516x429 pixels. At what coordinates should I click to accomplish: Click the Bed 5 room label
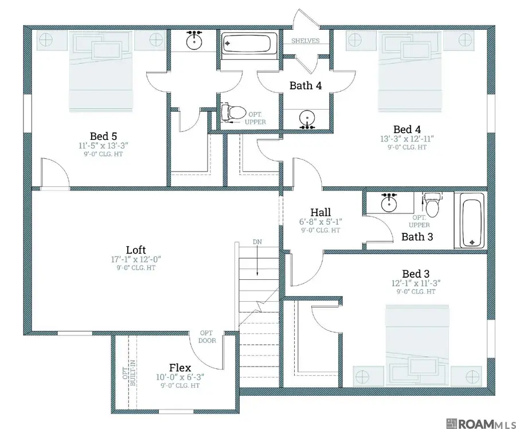(103, 136)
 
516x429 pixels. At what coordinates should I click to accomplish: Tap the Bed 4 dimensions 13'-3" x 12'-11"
(407, 139)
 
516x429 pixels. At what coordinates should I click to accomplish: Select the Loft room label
(136, 250)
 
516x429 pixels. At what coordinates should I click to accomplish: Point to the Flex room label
(180, 368)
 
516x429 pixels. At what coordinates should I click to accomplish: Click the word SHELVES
(306, 41)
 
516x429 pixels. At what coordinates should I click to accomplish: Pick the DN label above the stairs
(257, 242)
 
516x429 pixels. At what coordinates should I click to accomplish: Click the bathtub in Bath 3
(472, 220)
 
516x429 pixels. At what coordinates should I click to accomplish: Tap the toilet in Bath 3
(432, 204)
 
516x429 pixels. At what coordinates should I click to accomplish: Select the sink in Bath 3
(389, 203)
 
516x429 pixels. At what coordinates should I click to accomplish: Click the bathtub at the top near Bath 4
(246, 44)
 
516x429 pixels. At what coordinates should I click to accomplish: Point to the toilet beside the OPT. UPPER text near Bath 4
(233, 112)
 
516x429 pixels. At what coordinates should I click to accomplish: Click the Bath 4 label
(306, 85)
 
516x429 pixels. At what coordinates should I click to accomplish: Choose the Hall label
(320, 212)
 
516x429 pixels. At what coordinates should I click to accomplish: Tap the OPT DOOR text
(207, 337)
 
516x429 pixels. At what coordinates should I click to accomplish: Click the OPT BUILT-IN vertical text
(129, 373)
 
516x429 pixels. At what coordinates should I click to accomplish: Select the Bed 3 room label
(416, 274)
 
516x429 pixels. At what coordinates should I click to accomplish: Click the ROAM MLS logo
(480, 423)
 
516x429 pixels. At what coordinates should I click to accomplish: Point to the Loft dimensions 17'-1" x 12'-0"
(136, 259)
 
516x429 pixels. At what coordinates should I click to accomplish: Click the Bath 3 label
(417, 237)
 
